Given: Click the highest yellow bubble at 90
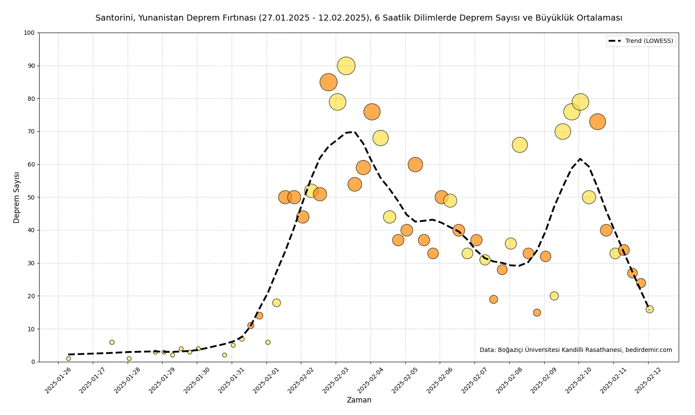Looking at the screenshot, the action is [x=346, y=66].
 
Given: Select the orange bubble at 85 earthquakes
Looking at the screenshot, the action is [x=328, y=82].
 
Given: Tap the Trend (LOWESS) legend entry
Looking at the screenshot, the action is [x=641, y=41].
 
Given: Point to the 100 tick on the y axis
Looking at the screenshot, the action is [x=30, y=33].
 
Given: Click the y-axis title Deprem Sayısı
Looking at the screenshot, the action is [x=16, y=197].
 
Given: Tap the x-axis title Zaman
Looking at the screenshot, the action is [x=359, y=400].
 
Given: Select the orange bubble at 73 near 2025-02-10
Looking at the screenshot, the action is [x=597, y=122].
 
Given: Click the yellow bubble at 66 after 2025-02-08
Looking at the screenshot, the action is [x=520, y=145].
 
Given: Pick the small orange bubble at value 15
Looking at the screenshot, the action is [x=537, y=313].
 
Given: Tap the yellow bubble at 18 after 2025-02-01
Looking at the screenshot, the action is [x=276, y=303].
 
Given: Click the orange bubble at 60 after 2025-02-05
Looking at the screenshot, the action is [x=416, y=164].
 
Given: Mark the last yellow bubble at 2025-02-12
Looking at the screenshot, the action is [x=649, y=309].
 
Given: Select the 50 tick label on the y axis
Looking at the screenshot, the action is [x=31, y=197].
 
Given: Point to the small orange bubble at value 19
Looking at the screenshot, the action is [x=494, y=300].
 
